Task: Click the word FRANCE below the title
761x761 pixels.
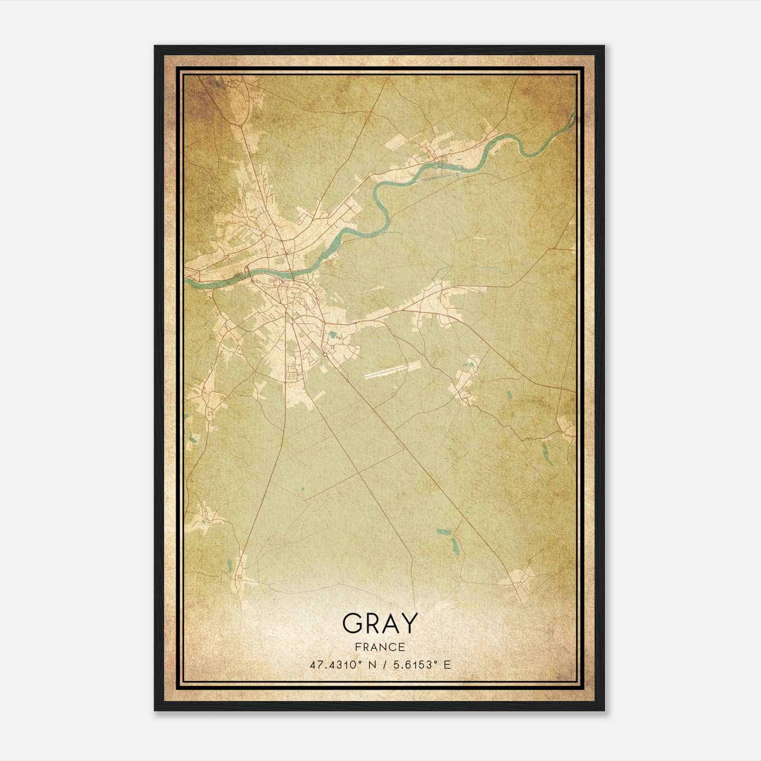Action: tap(380, 647)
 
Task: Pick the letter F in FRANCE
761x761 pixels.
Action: tap(357, 647)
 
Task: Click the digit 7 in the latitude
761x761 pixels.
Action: tap(319, 664)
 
